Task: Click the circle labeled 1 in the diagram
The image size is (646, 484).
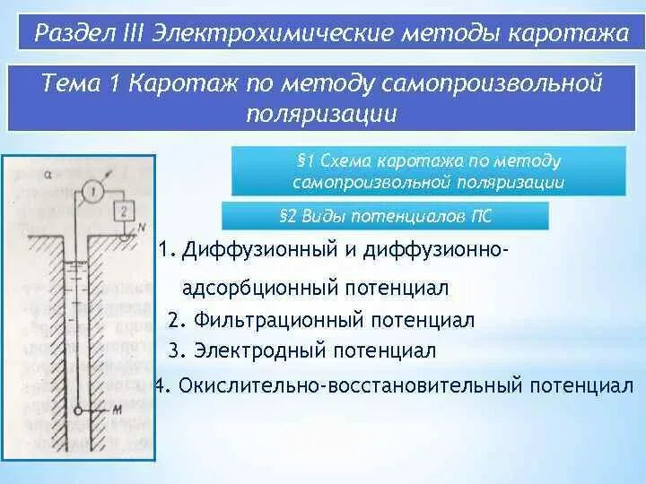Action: [92, 189]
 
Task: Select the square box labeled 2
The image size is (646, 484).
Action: [124, 212]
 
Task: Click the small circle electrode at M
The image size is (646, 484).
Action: [79, 411]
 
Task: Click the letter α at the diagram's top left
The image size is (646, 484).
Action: [45, 176]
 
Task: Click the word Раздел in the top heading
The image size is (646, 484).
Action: [69, 34]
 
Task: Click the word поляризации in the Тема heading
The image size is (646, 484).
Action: [320, 114]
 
